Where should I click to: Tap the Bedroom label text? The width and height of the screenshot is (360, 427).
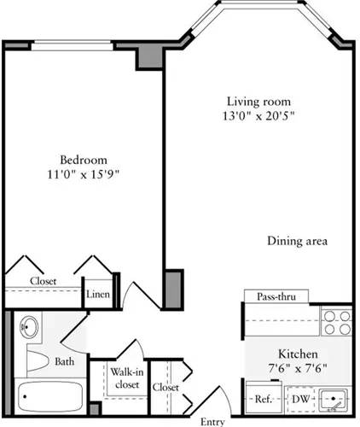click(x=83, y=160)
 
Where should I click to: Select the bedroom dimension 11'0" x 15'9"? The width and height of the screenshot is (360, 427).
click(x=83, y=176)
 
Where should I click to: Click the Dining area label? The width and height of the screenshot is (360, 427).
click(x=297, y=241)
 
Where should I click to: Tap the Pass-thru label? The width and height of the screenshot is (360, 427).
click(x=275, y=296)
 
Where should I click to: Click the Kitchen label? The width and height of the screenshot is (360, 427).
click(x=299, y=354)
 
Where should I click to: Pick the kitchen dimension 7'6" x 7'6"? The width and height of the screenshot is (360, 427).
click(x=299, y=369)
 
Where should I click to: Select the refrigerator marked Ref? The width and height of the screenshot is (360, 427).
click(x=263, y=398)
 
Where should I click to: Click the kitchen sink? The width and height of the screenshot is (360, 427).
click(x=334, y=397)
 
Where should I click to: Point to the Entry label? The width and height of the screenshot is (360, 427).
click(x=212, y=421)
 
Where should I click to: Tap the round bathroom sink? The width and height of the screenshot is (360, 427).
click(x=31, y=327)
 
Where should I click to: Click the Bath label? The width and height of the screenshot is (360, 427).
click(x=65, y=361)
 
